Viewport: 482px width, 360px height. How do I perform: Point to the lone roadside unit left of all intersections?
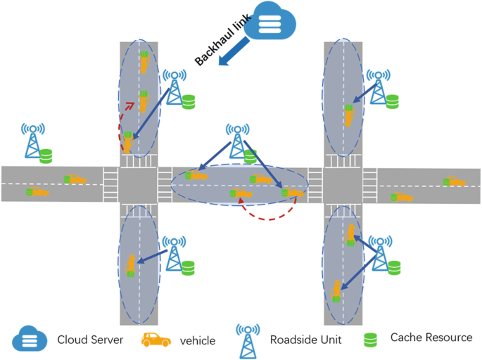point(32,141)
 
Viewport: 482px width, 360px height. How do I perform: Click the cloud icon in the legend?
point(30,339)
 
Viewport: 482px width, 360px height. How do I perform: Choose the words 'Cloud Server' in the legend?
point(90,340)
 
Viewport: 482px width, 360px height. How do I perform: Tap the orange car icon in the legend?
point(156,340)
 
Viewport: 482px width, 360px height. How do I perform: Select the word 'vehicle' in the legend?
point(197,340)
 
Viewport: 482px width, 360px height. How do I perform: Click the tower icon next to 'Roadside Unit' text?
point(246,338)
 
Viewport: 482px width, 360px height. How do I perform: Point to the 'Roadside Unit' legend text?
point(305,339)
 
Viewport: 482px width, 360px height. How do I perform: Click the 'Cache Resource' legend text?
point(431,338)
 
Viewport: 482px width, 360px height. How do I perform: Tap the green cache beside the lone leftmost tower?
point(46,155)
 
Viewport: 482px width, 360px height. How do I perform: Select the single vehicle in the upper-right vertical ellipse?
point(348,115)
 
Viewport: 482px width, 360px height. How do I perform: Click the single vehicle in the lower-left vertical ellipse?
point(129,265)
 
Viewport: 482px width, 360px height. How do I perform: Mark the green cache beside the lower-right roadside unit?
point(394,267)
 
